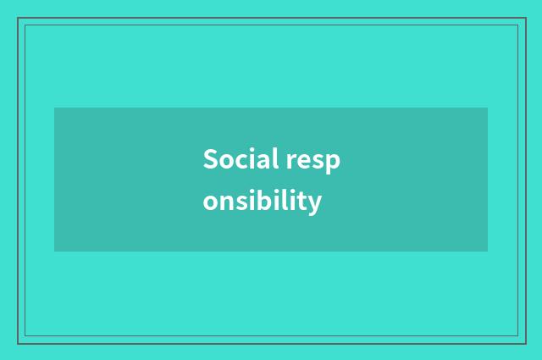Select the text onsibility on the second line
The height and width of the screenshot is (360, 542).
coord(263,202)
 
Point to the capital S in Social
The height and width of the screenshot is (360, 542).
coord(210,159)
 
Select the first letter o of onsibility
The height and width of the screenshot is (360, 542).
coord(210,203)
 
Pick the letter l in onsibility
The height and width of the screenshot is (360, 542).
coord(285,201)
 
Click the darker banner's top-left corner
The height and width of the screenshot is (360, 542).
coord(55,108)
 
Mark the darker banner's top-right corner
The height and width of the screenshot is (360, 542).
coord(487,108)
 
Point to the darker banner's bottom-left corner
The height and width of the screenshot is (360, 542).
coord(55,251)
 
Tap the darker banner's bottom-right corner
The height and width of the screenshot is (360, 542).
coord(487,251)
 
